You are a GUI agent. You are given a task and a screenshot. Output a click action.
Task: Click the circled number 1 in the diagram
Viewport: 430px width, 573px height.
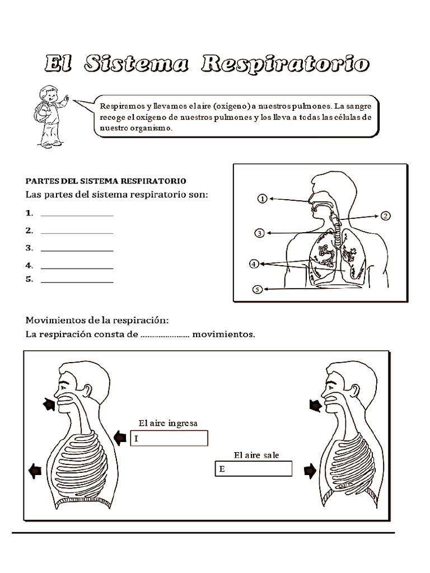(263, 199)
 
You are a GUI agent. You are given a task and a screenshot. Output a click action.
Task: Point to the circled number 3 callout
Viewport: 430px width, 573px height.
(259, 233)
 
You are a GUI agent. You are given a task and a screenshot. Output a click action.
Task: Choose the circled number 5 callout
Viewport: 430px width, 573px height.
(257, 289)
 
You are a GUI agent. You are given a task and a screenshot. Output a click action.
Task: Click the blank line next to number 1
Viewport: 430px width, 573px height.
(77, 214)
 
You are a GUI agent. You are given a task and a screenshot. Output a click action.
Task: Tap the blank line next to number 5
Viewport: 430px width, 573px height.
(77, 280)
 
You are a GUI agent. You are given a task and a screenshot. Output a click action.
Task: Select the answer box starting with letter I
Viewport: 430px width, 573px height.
(169, 438)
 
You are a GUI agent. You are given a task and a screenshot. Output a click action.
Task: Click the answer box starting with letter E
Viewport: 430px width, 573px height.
(253, 469)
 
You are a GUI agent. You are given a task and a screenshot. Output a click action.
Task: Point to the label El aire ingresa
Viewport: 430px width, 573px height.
(168, 423)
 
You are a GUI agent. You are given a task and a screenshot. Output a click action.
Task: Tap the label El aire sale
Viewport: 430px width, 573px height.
(256, 455)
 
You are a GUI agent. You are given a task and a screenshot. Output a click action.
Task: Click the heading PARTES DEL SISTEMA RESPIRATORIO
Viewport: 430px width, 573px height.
(106, 181)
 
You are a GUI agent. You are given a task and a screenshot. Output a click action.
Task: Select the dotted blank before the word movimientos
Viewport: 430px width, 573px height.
(165, 336)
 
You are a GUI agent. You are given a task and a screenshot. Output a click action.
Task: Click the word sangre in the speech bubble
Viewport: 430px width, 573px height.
(364, 106)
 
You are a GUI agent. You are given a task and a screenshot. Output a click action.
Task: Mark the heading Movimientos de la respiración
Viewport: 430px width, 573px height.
(97, 321)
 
